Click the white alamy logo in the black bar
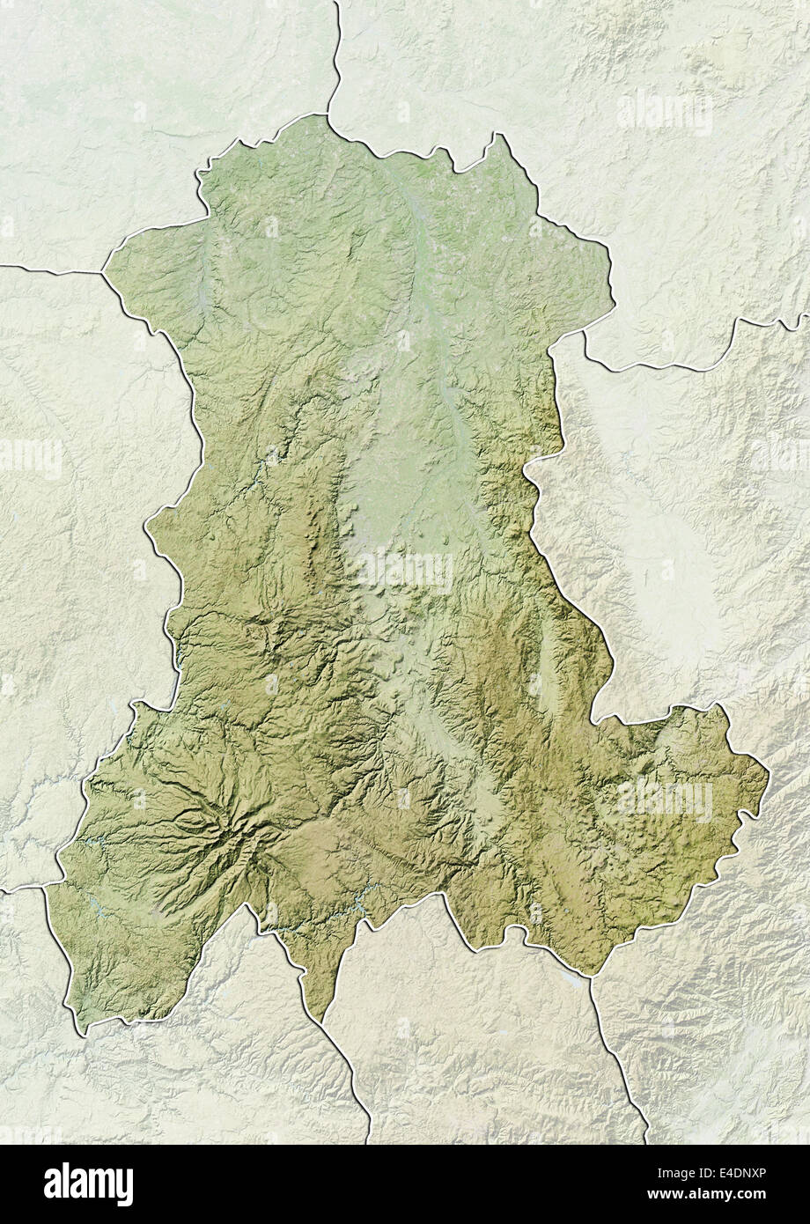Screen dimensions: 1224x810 [x=89, y=1183]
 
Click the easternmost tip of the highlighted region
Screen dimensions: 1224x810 [x=768, y=776]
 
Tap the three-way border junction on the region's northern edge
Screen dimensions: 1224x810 [x=328, y=114]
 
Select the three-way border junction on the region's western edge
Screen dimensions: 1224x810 [x=103, y=272]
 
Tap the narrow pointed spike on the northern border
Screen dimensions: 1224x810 [x=502, y=137]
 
